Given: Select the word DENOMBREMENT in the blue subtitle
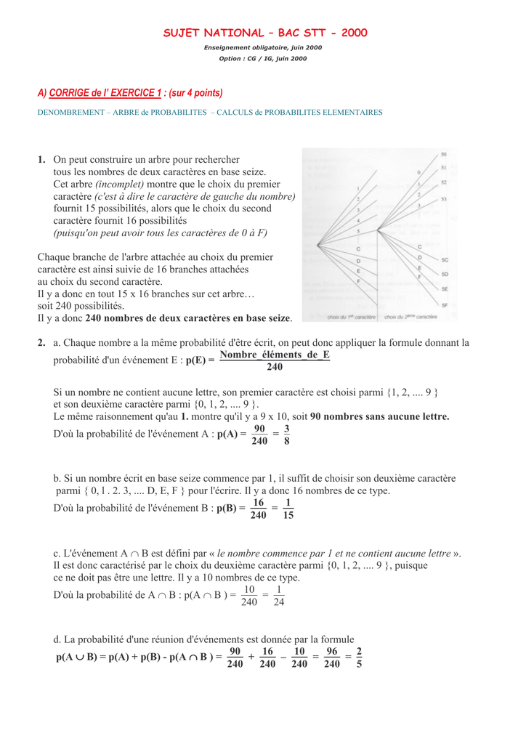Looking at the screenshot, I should pyautogui.click(x=70, y=113).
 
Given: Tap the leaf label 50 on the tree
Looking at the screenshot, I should pyautogui.click(x=444, y=154).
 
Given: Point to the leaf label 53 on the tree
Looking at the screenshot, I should pyautogui.click(x=444, y=199).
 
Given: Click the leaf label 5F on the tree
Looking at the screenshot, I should pyautogui.click(x=445, y=305).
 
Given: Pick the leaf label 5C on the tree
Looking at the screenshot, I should pyautogui.click(x=445, y=259).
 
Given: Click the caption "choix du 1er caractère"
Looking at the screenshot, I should pyautogui.click(x=352, y=317).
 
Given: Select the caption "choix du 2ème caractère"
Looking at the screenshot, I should pyautogui.click(x=410, y=317).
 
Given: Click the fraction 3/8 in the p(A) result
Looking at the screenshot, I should pyautogui.click(x=287, y=434).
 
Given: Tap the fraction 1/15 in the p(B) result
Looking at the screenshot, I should pyautogui.click(x=288, y=509).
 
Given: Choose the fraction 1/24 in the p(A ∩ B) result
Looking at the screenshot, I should pyautogui.click(x=279, y=595).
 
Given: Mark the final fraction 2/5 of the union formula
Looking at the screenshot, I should pyautogui.click(x=359, y=658).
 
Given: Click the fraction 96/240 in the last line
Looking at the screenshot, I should pyautogui.click(x=332, y=658).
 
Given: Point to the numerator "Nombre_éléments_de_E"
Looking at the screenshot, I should pyautogui.click(x=275, y=355).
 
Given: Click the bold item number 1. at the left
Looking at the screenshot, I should pyautogui.click(x=42, y=159).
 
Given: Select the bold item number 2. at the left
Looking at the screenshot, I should pyautogui.click(x=42, y=342).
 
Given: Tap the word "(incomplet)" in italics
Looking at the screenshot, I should pyautogui.click(x=120, y=184).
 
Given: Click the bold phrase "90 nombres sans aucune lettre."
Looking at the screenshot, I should pyautogui.click(x=380, y=416).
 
